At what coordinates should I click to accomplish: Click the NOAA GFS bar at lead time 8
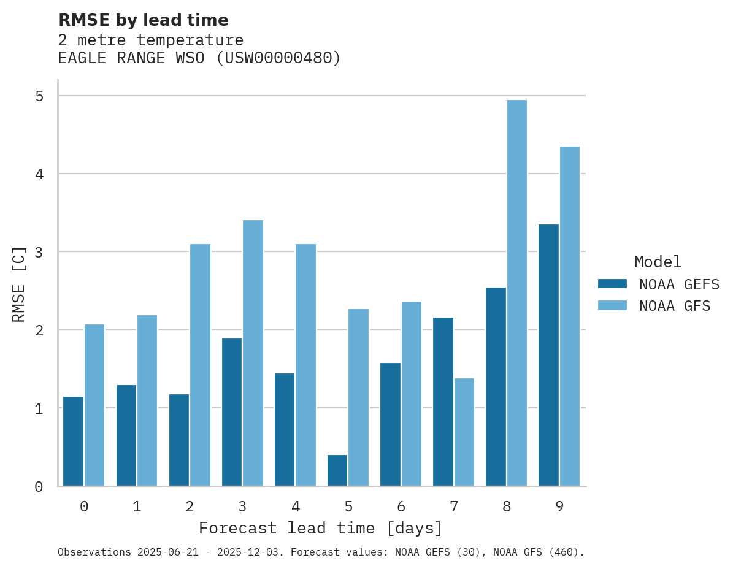point(517,293)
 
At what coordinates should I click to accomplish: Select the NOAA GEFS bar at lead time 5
point(337,470)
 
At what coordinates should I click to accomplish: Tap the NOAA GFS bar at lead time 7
point(464,432)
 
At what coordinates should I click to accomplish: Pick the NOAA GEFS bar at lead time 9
point(548,355)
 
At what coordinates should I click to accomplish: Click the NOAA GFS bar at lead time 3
point(253,353)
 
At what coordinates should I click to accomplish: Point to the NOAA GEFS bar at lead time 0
point(74,441)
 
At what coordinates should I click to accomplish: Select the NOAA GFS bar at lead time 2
point(200,365)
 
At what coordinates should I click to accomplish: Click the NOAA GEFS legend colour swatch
point(612,284)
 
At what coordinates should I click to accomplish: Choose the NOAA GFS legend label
point(675,306)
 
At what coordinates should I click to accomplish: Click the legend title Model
point(658,262)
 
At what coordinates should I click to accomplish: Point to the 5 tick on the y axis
point(39,96)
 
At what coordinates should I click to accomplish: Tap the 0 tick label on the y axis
point(39,487)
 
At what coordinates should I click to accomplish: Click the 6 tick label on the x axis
point(401,506)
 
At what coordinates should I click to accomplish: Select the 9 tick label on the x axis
point(559,506)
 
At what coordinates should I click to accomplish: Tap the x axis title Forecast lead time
point(320,528)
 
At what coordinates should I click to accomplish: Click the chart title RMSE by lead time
point(143,20)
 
